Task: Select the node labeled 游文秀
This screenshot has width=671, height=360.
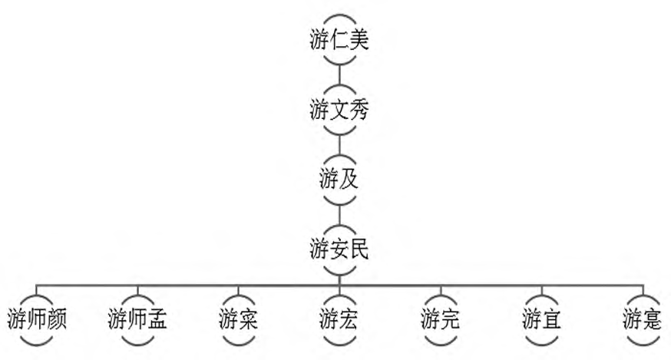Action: [x=339, y=111]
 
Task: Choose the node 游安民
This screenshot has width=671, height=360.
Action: [x=339, y=249]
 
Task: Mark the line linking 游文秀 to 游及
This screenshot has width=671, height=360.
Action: [x=339, y=145]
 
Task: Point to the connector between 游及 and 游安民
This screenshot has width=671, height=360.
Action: [x=339, y=214]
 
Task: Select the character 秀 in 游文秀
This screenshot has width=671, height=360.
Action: [x=359, y=111]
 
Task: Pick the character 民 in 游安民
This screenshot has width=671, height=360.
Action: [x=359, y=249]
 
